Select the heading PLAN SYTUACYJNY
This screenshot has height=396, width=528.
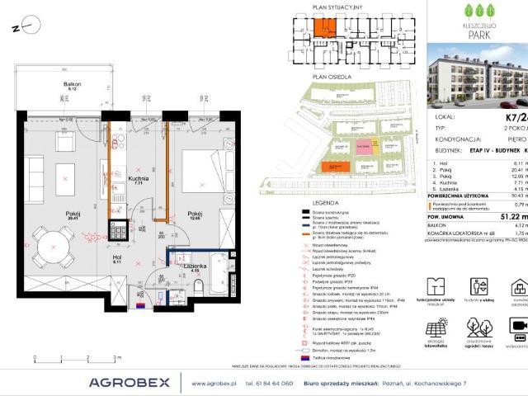[332, 7]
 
